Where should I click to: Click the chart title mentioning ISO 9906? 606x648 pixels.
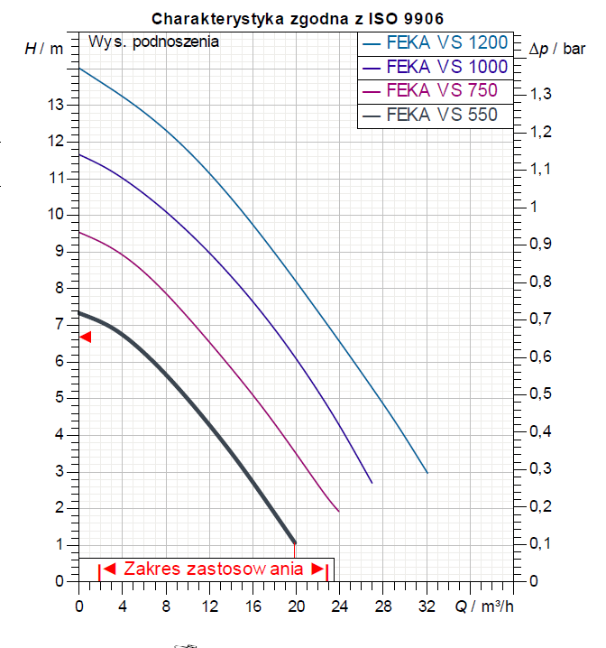297,18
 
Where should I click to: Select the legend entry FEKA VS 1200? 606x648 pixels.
434,42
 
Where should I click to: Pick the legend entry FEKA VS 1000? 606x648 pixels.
434,67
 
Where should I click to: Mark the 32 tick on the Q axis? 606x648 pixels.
427,606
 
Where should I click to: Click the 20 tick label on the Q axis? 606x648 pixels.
296,606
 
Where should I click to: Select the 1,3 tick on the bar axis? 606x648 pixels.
542,95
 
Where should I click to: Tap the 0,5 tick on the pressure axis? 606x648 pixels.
542,393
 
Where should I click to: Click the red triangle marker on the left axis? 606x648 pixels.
86,337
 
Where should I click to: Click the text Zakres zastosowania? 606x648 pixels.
213,569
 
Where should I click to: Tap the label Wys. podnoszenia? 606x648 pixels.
153,41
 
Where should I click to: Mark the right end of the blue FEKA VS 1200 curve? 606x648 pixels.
427,473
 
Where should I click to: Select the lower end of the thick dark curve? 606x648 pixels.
294,542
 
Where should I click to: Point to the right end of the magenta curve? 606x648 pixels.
338,512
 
